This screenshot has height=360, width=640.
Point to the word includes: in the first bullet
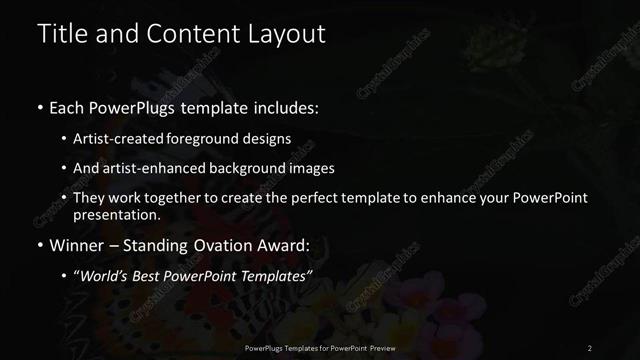pyautogui.click(x=285, y=107)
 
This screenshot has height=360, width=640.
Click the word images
pyautogui.click(x=311, y=168)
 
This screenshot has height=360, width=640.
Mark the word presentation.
pyautogui.click(x=117, y=214)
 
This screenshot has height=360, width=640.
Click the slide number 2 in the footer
pyautogui.click(x=590, y=347)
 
